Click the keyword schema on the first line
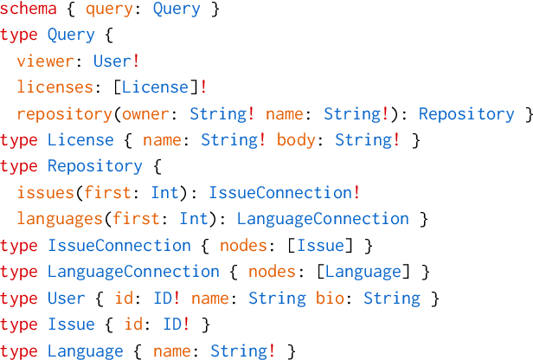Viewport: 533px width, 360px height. pyautogui.click(x=29, y=10)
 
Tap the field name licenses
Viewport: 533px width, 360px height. pyautogui.click(x=55, y=87)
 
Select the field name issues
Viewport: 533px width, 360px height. pyautogui.click(x=42, y=192)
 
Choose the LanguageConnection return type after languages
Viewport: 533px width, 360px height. pyautogui.click(x=323, y=219)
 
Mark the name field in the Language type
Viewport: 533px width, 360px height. pyautogui.click(x=174, y=350)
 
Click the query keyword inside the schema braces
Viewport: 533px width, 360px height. pyautogui.click(x=105, y=10)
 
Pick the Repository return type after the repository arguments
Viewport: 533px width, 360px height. pyautogui.click(x=466, y=113)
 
